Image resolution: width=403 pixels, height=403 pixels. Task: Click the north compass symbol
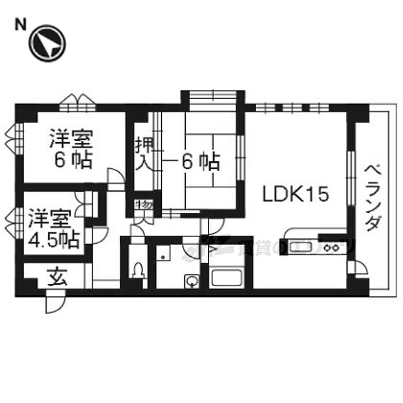click(x=48, y=43)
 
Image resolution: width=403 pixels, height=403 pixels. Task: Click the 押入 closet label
click(x=143, y=153)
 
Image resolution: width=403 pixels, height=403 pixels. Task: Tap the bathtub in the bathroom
click(x=228, y=277)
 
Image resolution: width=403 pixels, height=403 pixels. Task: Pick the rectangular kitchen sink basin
click(x=301, y=248)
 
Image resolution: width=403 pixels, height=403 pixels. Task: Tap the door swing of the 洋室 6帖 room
click(x=115, y=178)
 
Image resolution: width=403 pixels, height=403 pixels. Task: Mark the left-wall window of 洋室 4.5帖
click(x=16, y=219)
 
